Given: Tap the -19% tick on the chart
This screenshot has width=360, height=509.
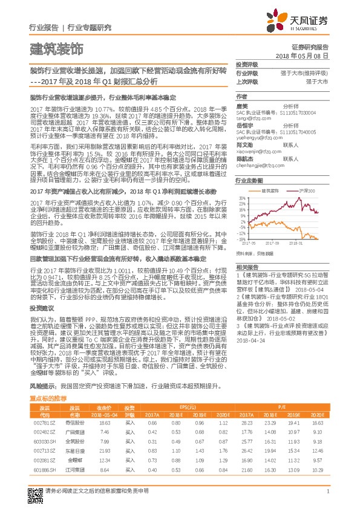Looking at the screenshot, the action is (243, 238).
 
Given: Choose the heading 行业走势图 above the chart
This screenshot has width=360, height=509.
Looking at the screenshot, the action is (249, 181).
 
